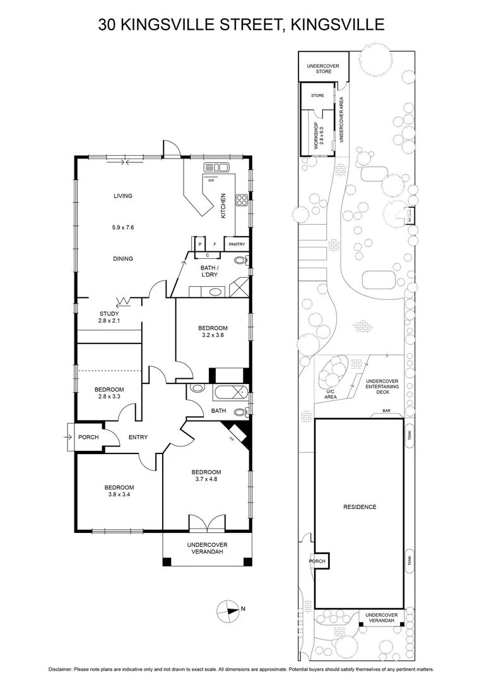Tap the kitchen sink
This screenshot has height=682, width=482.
pos(216,167)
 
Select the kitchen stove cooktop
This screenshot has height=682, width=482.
pos(241,201)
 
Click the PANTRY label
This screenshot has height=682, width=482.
pos(237,244)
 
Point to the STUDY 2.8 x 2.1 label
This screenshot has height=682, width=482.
pos(109,317)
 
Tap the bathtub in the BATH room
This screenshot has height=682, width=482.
pos(229,392)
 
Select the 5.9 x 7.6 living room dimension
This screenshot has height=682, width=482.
pos(123,227)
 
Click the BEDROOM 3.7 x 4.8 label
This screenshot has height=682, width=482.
pos(206,476)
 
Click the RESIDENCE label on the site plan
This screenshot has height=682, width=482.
pos(360,507)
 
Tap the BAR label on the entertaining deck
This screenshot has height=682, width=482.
pos(387,412)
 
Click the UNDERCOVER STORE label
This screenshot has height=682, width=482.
pos(324,68)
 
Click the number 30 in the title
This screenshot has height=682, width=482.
pos(108,25)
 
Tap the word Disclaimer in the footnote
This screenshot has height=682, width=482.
pos(62,669)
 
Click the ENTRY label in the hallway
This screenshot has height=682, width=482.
pos(138,437)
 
